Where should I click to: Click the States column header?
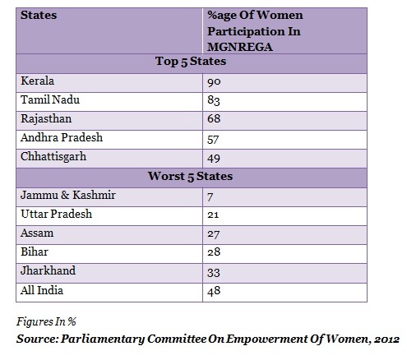tap(39, 15)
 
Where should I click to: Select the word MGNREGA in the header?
tap(240, 47)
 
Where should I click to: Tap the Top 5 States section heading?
tap(191, 62)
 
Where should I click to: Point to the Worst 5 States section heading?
tap(190, 176)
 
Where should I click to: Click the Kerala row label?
tap(37, 81)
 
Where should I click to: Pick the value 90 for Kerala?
tap(214, 82)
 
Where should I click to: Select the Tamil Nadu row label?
tap(50, 99)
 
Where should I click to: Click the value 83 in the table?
tap(214, 100)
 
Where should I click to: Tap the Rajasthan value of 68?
tap(214, 118)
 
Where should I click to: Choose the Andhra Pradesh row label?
tap(62, 137)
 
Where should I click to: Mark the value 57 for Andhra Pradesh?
tap(213, 140)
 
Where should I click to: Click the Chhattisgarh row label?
tap(53, 157)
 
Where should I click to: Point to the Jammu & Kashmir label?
tap(68, 195)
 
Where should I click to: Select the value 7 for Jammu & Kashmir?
tap(210, 197)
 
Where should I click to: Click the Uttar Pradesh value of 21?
tap(213, 215)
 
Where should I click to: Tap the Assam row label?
tap(37, 233)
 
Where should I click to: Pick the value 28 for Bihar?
tap(214, 252)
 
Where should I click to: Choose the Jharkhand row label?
tap(48, 270)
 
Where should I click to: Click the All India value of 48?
tap(214, 291)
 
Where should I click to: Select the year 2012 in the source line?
tap(387, 339)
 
